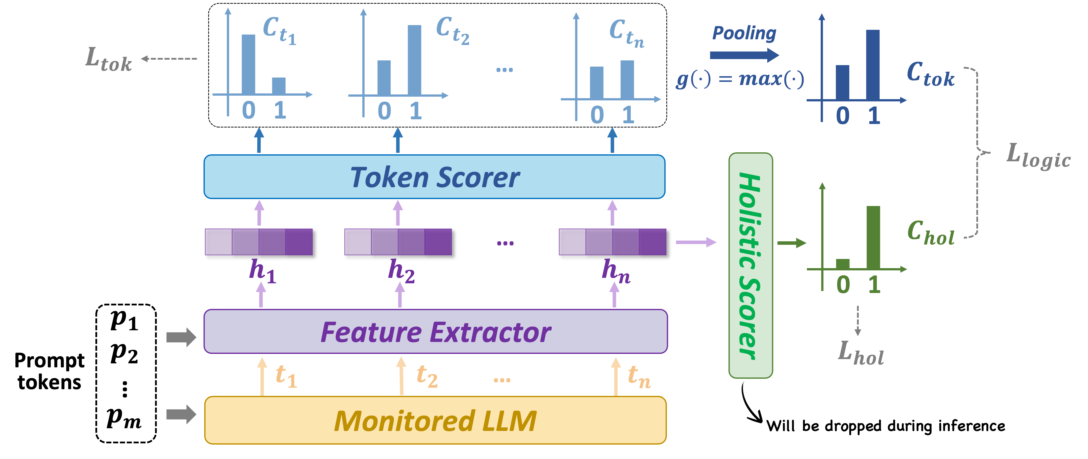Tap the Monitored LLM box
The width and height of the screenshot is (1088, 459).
(435, 420)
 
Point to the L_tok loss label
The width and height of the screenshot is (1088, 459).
(109, 60)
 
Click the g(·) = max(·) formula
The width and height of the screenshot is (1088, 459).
(740, 79)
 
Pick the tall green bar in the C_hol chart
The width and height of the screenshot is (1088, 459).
(873, 237)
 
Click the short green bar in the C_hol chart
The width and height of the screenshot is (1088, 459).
(843, 264)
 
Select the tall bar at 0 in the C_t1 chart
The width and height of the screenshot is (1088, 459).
(248, 64)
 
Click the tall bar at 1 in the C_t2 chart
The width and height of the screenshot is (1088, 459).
(414, 60)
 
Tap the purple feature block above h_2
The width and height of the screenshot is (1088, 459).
(398, 242)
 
